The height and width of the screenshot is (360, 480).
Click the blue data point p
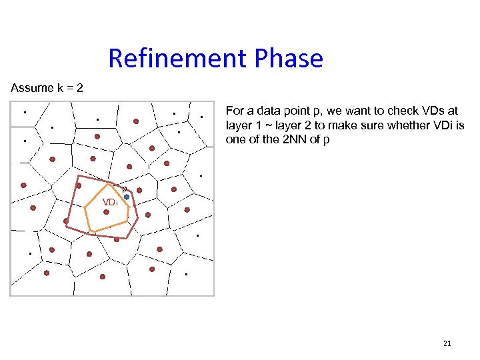tap(126, 197)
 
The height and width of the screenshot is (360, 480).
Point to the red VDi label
tap(110, 202)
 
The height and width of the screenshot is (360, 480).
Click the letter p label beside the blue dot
tap(124, 189)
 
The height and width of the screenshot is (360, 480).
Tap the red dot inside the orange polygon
tap(106, 212)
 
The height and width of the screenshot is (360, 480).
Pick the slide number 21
tap(447, 343)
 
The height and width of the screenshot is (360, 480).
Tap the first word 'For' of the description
tap(235, 111)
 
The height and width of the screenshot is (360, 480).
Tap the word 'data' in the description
tap(266, 111)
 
